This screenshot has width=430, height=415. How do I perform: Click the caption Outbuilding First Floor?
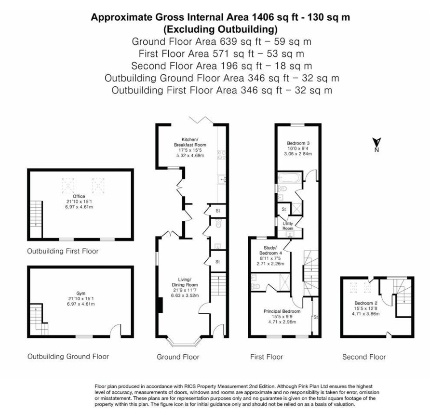(63, 251)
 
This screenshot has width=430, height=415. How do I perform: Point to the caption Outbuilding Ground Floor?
(67, 357)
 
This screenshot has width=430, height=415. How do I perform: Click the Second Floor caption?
(364, 357)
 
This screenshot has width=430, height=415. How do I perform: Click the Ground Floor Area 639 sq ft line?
(221, 41)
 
